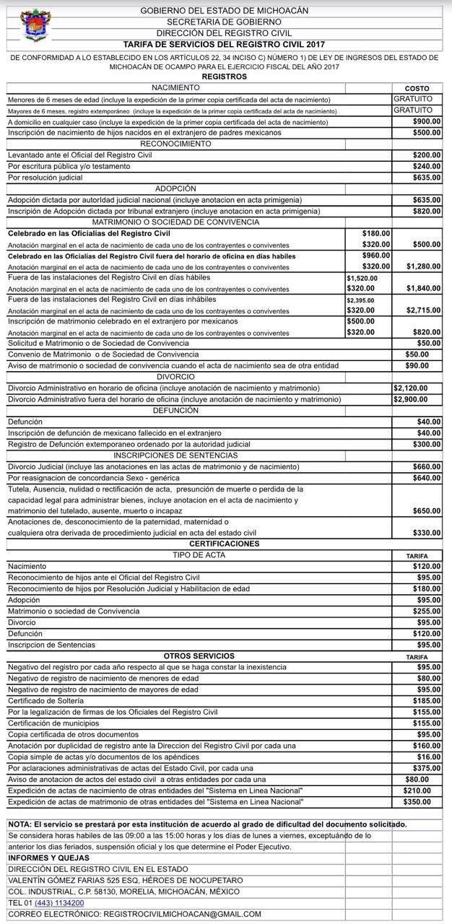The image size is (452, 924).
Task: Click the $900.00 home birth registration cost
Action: pyautogui.click(x=426, y=122)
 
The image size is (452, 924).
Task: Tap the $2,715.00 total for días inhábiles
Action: pyautogui.click(x=423, y=310)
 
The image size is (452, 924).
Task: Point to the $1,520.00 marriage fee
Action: pyautogui.click(x=362, y=278)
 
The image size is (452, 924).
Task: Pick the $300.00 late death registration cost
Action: pyautogui.click(x=426, y=444)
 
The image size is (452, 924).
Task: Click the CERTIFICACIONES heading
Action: pyautogui.click(x=224, y=544)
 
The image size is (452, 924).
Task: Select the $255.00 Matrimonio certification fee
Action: pyautogui.click(x=426, y=611)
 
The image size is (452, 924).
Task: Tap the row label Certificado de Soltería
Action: pyautogui.click(x=45, y=700)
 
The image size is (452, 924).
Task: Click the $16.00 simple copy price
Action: pyautogui.click(x=428, y=757)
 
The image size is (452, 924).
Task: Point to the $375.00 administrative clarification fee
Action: pyautogui.click(x=426, y=768)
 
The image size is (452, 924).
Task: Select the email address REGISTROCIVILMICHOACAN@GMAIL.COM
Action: pyautogui.click(x=183, y=914)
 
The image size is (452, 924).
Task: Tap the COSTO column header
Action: pyautogui.click(x=417, y=88)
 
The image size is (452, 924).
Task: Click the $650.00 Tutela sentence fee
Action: pyautogui.click(x=426, y=510)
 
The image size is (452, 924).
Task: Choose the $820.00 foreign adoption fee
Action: pyautogui.click(x=426, y=211)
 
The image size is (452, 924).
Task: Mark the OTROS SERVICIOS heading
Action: pyautogui.click(x=199, y=655)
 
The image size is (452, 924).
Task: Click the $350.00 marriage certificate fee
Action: pyautogui.click(x=417, y=801)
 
